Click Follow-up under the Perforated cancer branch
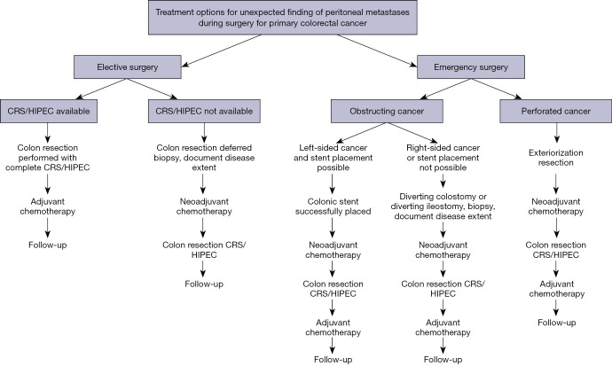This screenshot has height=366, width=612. (556, 322)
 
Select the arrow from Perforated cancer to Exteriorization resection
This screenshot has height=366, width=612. (556, 134)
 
